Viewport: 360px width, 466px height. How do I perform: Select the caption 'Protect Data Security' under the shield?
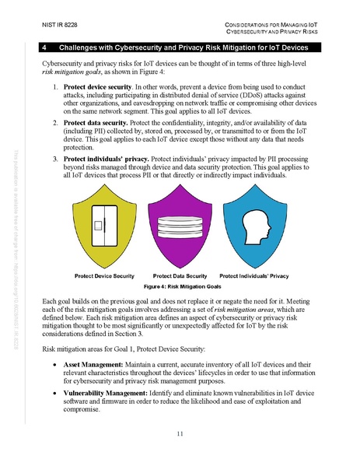coord(180,276)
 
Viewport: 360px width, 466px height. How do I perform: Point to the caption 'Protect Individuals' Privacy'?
coord(254,276)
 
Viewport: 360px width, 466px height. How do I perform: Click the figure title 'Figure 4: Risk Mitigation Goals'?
coord(180,286)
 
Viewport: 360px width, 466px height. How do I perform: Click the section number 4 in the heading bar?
coord(46,47)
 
